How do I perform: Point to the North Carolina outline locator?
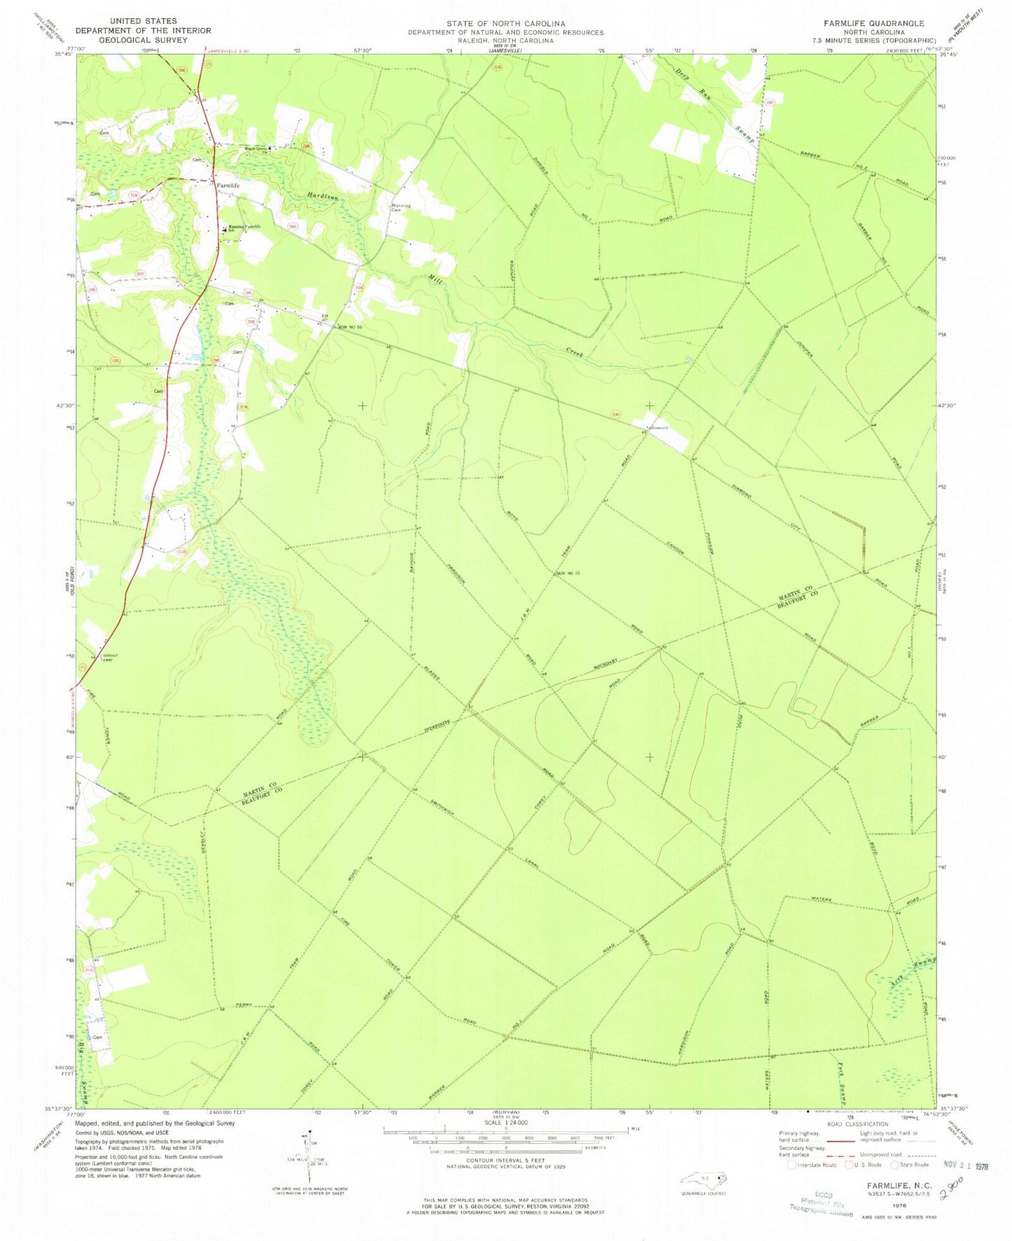[705, 1178]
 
